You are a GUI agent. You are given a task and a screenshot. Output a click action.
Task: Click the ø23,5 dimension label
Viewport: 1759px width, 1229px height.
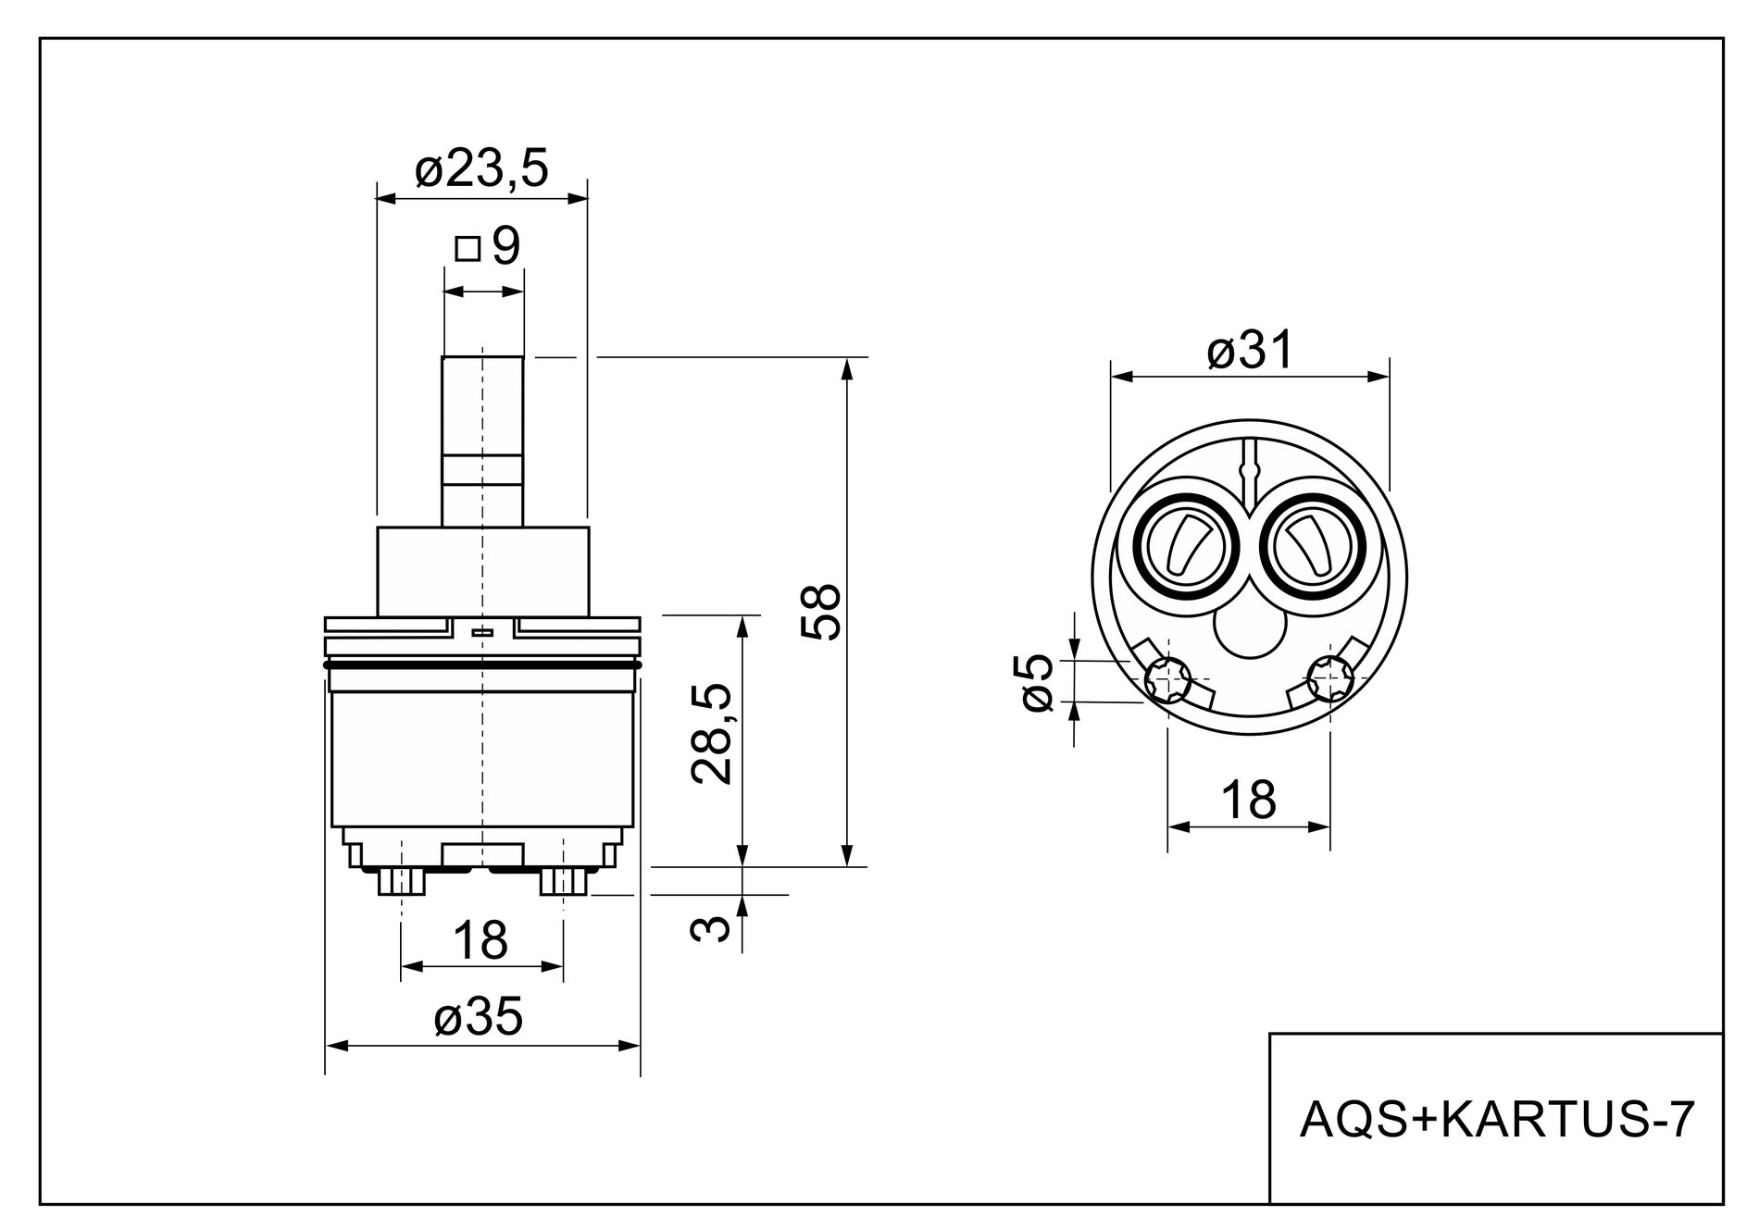(x=481, y=168)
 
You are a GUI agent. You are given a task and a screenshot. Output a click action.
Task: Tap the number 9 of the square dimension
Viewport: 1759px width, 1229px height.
(x=505, y=246)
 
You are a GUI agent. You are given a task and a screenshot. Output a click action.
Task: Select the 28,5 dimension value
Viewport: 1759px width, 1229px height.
(x=714, y=734)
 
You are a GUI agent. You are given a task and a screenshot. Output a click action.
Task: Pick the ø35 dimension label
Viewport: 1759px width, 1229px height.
(x=479, y=1017)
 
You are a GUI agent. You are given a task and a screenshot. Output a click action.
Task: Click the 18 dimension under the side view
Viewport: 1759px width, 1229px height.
(x=481, y=940)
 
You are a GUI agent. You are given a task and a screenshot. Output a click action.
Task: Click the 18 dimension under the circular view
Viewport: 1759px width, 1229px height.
(x=1248, y=799)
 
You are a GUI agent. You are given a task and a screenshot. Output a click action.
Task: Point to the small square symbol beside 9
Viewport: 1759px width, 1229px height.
(x=468, y=248)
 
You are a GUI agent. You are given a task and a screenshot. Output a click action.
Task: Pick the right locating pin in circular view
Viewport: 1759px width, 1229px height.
(x=1330, y=678)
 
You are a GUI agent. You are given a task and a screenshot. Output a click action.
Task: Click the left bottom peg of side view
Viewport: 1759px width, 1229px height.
(x=402, y=882)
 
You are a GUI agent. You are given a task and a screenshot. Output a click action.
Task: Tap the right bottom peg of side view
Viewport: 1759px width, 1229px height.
(x=563, y=882)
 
